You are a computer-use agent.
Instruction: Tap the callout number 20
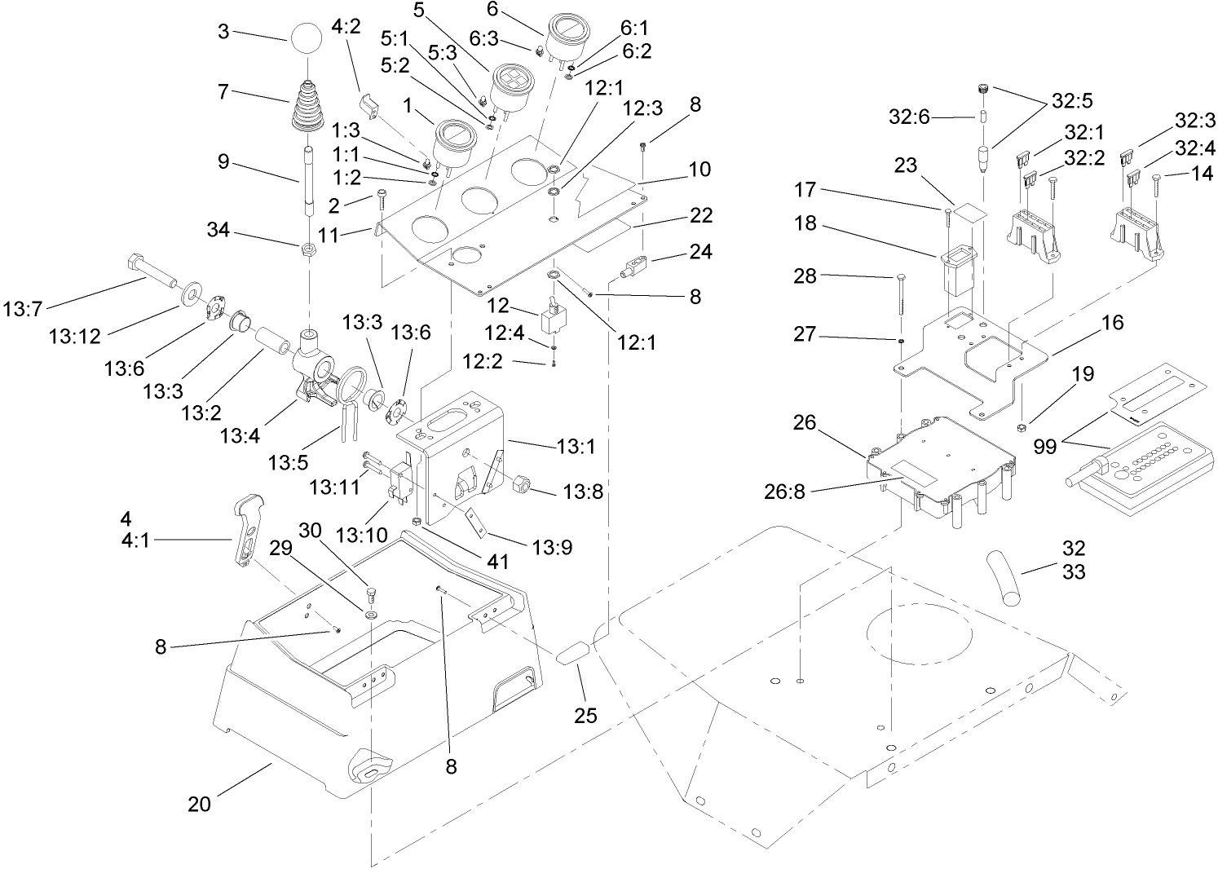[199, 804]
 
